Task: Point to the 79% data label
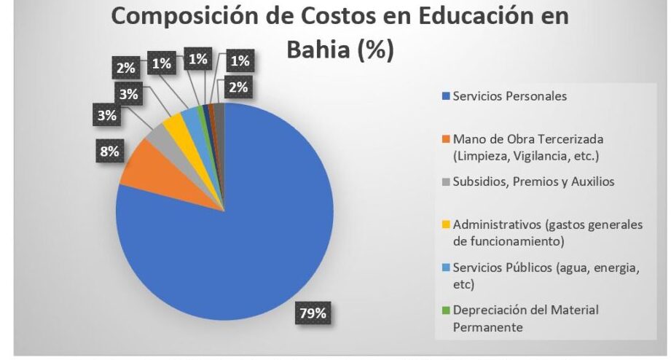[314, 314]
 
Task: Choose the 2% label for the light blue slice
[126, 70]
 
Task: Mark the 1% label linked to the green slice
[161, 63]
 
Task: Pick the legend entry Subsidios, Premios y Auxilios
[533, 181]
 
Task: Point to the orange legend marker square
[447, 139]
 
